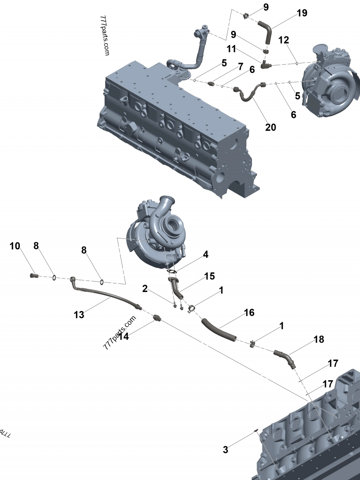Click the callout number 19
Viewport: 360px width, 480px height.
tap(301, 13)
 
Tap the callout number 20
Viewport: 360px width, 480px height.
tap(270, 127)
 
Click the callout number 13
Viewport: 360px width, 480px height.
tap(79, 314)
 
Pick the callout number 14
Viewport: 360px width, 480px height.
tap(123, 336)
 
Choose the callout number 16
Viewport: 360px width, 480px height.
tap(249, 312)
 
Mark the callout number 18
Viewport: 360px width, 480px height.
tap(319, 340)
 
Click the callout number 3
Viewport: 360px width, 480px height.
tap(225, 449)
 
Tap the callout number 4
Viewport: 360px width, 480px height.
tap(205, 255)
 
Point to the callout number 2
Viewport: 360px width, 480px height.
tap(145, 288)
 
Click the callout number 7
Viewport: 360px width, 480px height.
tap(240, 66)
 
